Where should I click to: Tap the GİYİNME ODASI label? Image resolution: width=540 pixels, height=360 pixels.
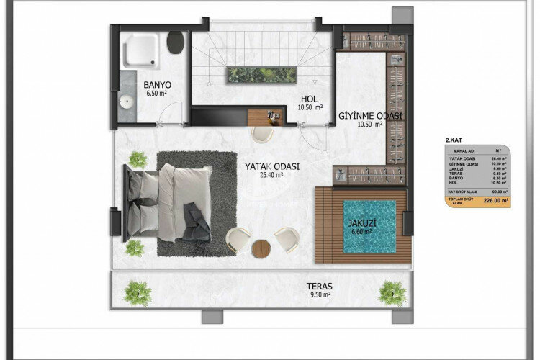click(x=370, y=115)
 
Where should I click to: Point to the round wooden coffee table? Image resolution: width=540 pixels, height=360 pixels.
click(x=262, y=248)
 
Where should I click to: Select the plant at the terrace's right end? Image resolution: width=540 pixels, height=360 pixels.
click(x=392, y=292)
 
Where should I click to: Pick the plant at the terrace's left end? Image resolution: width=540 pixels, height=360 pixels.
click(x=136, y=292)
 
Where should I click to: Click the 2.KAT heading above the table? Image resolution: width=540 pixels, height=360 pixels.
click(x=455, y=139)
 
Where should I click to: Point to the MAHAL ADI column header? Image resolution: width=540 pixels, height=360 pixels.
click(x=458, y=150)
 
